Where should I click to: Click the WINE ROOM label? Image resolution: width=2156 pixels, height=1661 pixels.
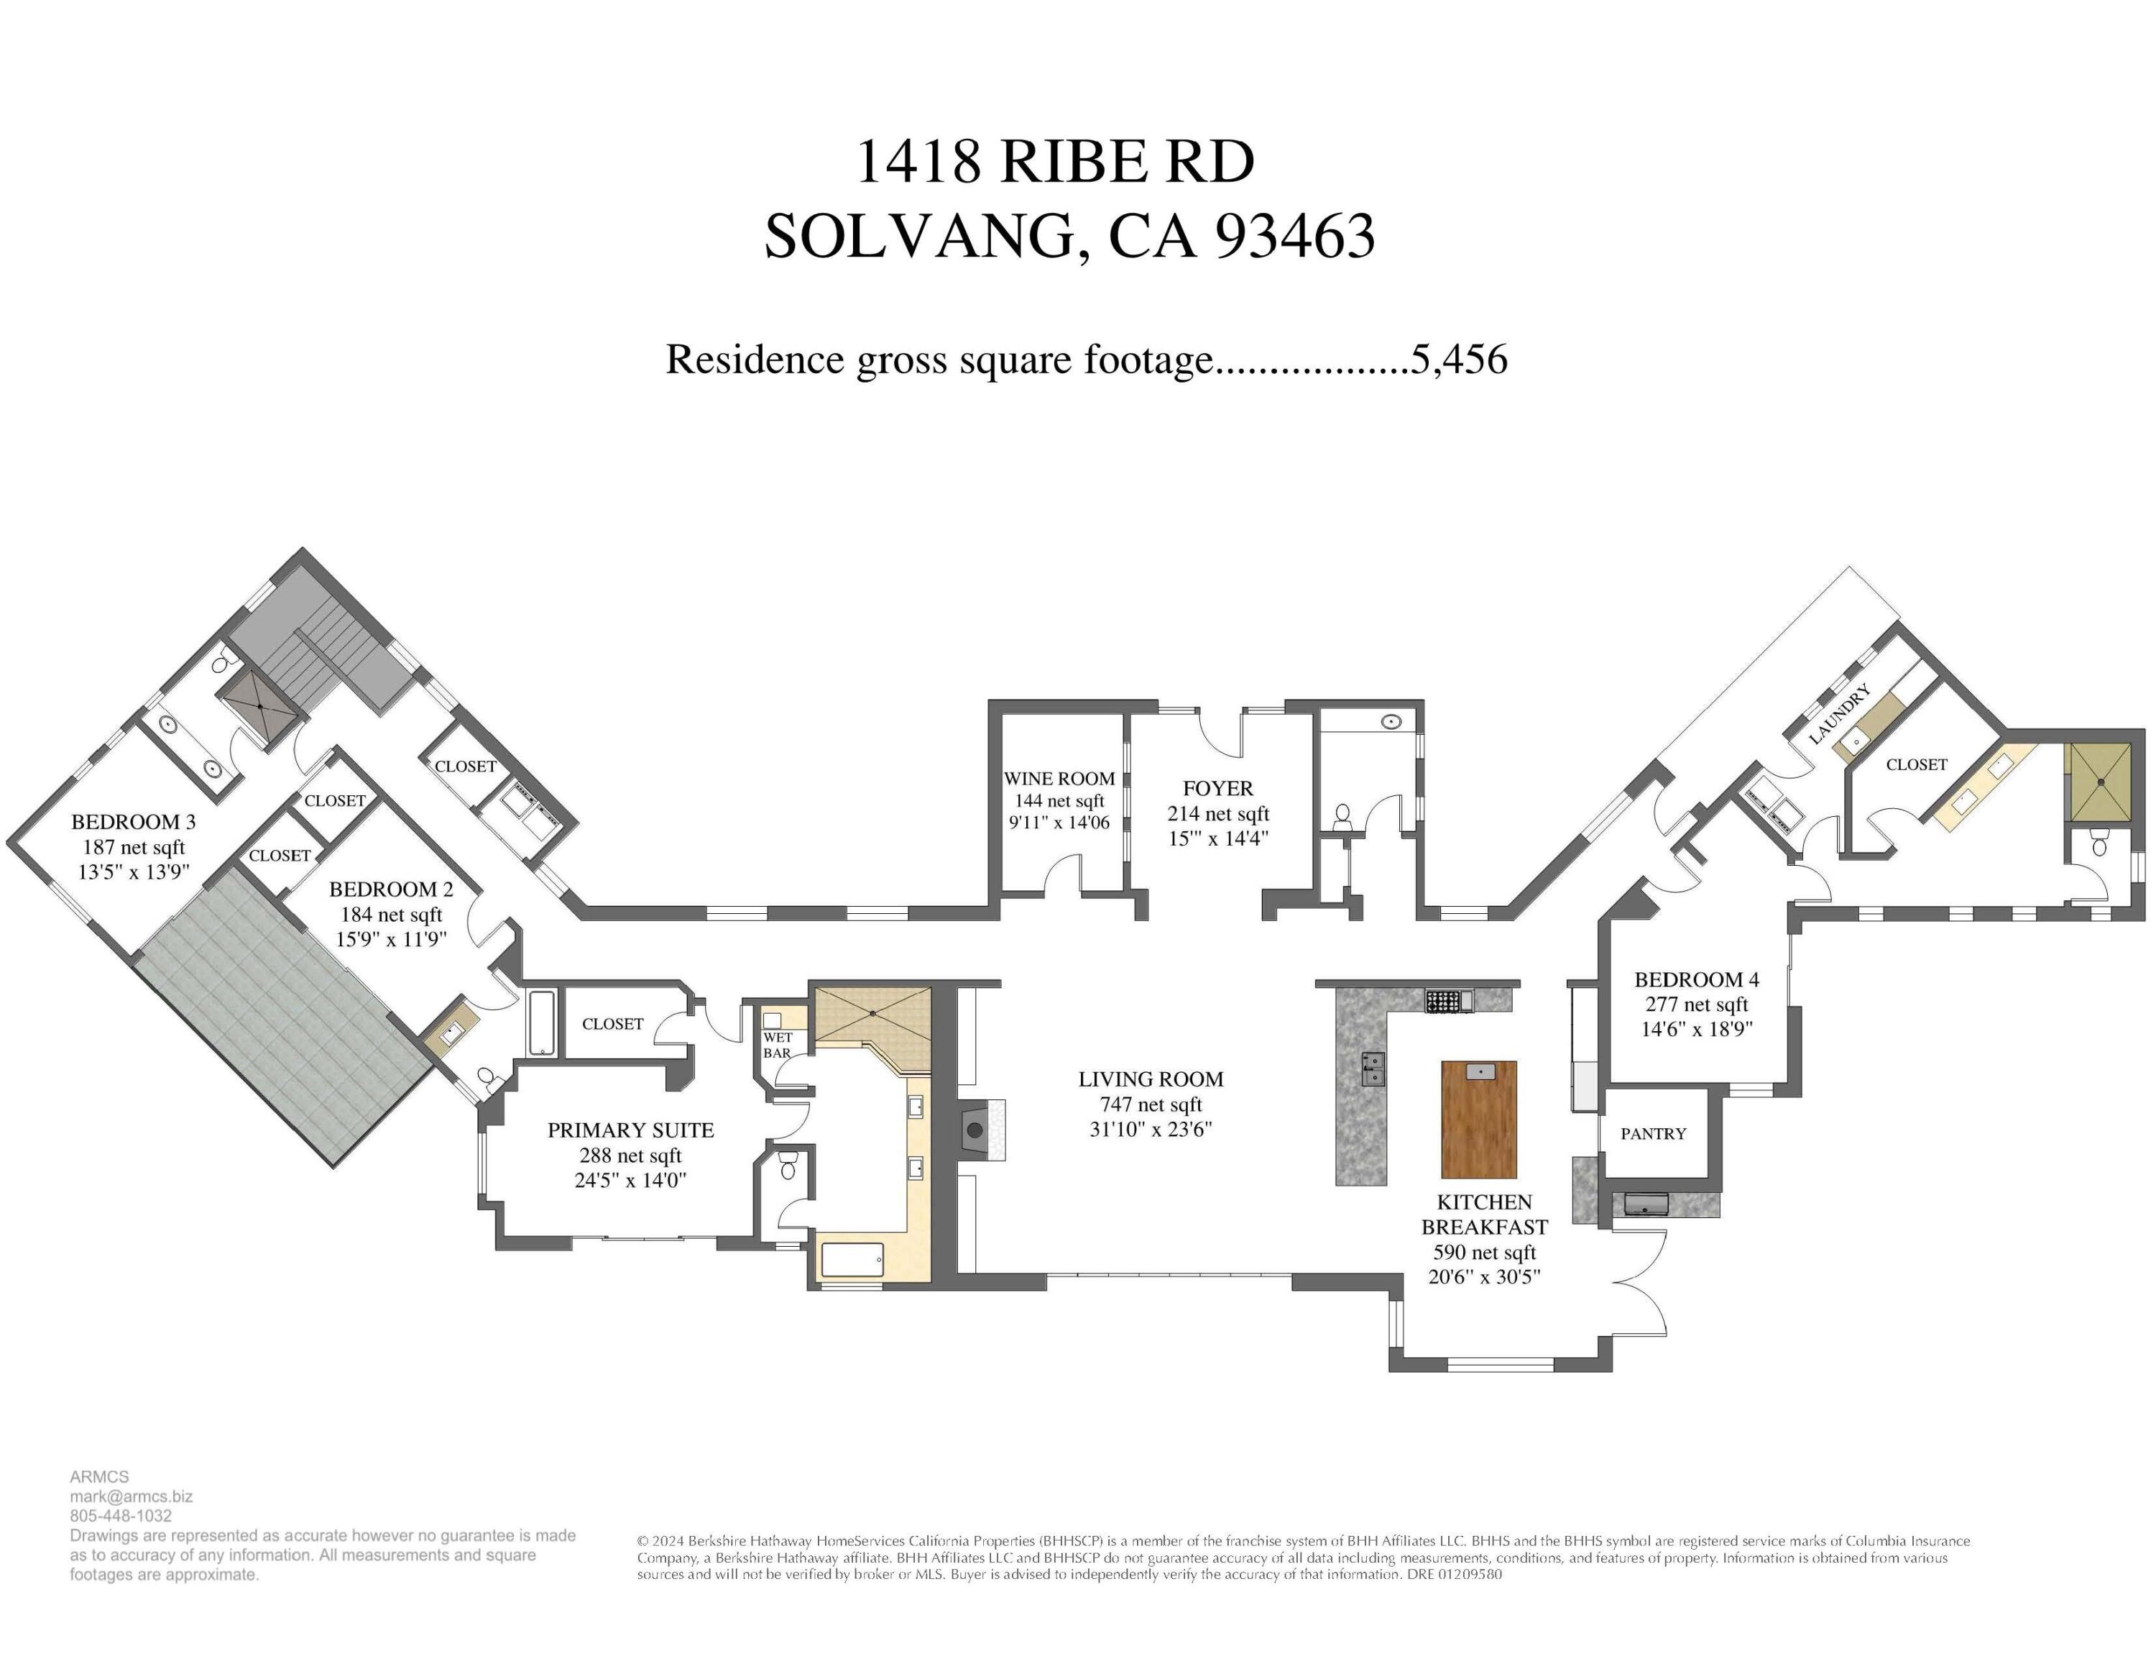(x=1059, y=778)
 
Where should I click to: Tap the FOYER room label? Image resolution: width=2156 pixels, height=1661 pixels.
(x=1217, y=788)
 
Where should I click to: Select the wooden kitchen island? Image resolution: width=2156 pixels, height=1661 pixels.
(x=1479, y=1120)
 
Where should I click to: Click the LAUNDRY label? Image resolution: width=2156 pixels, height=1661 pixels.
(x=1839, y=713)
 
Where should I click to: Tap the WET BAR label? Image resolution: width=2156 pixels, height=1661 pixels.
(x=777, y=1045)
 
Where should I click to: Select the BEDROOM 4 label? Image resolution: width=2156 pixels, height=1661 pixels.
(x=1696, y=979)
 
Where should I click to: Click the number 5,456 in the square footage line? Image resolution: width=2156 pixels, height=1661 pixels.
(x=1459, y=360)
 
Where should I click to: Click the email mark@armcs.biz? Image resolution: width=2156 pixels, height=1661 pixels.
(x=132, y=1496)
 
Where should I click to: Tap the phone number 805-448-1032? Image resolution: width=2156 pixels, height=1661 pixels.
(x=121, y=1515)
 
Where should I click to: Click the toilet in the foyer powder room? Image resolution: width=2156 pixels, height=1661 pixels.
(x=1342, y=815)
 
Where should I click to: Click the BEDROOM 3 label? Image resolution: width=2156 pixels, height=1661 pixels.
(x=133, y=822)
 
